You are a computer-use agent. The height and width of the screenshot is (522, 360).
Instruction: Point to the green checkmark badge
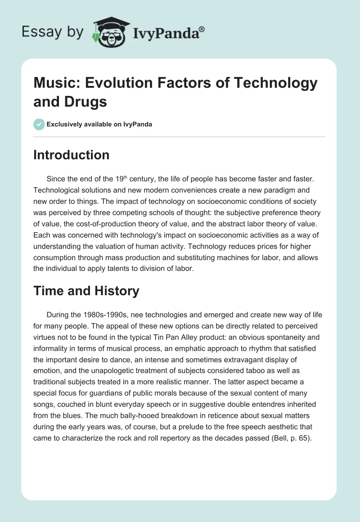pyautogui.click(x=39, y=124)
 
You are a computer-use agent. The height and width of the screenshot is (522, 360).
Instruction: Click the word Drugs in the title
pyautogui.click(x=86, y=102)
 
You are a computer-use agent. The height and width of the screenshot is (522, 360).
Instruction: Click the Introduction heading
pyautogui.click(x=71, y=155)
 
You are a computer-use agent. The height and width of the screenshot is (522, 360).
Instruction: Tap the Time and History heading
pyautogui.click(x=86, y=291)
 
